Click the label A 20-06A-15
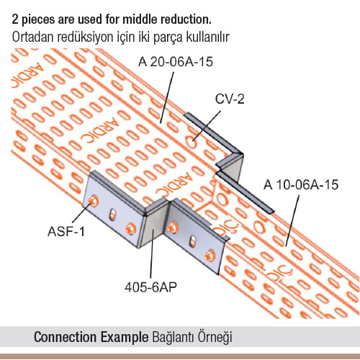click(176, 62)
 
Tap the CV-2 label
click(230, 99)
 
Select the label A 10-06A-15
click(301, 184)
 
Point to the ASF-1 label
click(66, 232)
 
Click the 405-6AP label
click(150, 287)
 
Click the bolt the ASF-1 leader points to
click(93, 201)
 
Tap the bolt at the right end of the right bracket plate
click(210, 256)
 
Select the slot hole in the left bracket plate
click(112, 215)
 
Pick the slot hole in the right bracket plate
click(193, 242)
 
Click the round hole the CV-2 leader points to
click(192, 144)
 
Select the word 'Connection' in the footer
click(66, 337)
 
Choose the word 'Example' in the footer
click(125, 338)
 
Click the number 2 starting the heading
click(15, 20)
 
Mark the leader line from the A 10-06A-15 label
click(292, 220)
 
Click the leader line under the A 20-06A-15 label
click(167, 98)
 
